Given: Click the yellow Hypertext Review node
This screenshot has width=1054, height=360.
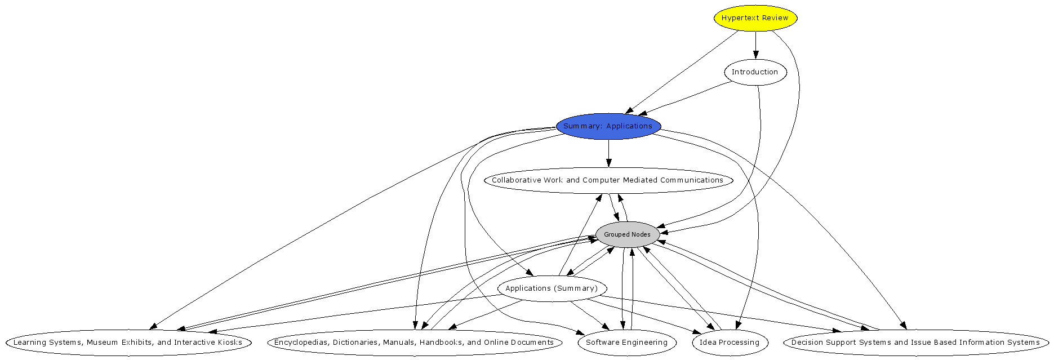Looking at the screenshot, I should (x=755, y=18).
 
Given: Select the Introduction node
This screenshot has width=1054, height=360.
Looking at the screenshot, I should (x=755, y=72).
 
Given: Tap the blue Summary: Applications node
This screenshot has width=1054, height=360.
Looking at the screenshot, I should (x=608, y=126).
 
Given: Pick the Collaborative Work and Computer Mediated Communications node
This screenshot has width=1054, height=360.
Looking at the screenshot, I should (x=608, y=180).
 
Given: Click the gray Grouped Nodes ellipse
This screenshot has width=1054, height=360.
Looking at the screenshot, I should (x=627, y=234).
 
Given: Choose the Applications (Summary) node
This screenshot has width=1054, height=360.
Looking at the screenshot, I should (x=552, y=288).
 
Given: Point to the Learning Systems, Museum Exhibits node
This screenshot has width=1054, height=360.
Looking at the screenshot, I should (x=128, y=343).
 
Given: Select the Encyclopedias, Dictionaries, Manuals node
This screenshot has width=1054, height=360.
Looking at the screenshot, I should (x=414, y=343).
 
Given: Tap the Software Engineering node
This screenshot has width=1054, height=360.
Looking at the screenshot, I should (x=626, y=343).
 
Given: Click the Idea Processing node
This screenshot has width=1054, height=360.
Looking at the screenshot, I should (x=730, y=343).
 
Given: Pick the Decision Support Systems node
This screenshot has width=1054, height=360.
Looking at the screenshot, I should (x=915, y=343).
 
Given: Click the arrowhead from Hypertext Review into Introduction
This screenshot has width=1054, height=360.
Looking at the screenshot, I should (x=755, y=55).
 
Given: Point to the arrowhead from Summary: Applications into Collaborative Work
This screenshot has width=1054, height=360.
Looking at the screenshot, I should (x=608, y=163).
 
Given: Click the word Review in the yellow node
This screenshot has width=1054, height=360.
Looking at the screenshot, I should (x=775, y=18).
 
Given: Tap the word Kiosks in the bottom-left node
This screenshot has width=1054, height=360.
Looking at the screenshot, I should (x=230, y=343).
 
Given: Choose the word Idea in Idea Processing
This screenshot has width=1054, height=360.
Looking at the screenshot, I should (x=708, y=343).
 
